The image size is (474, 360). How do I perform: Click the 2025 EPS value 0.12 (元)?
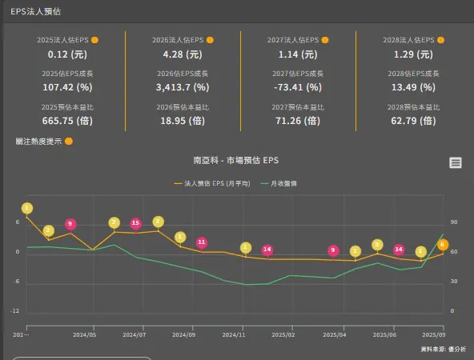(67, 54)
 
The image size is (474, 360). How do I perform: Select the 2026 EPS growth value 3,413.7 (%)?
(182, 87)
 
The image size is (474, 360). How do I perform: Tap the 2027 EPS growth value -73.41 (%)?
(297, 87)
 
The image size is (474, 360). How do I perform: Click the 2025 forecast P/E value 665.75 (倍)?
(67, 121)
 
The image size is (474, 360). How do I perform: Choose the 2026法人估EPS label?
(178, 40)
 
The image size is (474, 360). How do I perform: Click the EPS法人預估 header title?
(35, 12)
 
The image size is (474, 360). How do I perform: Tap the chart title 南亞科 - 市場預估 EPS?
(236, 160)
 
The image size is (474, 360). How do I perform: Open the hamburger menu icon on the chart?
(456, 162)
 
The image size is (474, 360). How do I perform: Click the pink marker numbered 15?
(135, 224)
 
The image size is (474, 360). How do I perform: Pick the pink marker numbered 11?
(202, 242)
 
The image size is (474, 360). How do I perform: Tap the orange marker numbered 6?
(443, 245)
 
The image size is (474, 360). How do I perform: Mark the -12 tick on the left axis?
(15, 310)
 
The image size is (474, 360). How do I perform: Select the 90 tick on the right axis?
(453, 222)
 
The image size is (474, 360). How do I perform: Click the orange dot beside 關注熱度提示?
(69, 142)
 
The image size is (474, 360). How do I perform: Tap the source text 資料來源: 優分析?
(443, 350)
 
